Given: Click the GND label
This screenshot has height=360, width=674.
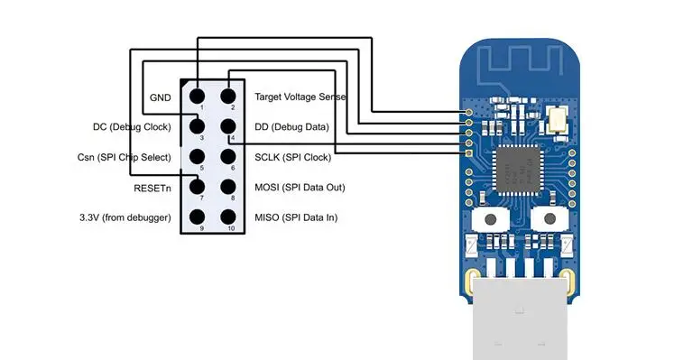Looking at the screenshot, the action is point(160,97).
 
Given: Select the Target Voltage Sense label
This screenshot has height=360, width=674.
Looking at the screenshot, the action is point(300,97).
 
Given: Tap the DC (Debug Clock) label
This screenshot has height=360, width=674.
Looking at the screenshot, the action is point(132,127).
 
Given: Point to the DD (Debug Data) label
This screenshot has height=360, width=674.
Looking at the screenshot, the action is point(291,127).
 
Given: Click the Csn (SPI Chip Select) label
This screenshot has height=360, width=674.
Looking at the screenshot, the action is point(124,157).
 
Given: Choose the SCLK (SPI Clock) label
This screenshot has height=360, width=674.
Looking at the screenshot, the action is point(292,157).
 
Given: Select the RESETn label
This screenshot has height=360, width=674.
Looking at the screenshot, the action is point(152,189).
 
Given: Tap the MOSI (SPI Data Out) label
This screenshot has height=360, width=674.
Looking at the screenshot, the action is point(300,188).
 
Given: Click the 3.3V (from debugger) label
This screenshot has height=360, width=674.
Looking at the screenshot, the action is point(125,217).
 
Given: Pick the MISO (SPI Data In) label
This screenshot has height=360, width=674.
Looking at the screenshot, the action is point(296,217).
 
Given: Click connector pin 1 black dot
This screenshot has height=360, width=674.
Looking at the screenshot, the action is point(197,96).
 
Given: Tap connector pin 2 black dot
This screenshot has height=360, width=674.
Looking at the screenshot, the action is point(228,96).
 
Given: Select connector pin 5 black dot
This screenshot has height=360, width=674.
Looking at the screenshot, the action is point(197,156).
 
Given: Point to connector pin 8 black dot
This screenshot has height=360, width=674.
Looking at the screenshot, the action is point(228,187).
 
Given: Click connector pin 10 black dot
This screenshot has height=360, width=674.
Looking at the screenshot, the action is point(228,217).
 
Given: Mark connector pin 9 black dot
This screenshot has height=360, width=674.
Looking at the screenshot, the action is point(197,217).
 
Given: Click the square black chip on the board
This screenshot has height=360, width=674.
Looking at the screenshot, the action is point(518,170).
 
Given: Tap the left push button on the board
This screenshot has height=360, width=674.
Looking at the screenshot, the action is point(491,219).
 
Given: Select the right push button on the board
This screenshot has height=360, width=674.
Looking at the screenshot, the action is point(549,219).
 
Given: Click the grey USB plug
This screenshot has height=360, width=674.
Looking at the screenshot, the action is point(520,318).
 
